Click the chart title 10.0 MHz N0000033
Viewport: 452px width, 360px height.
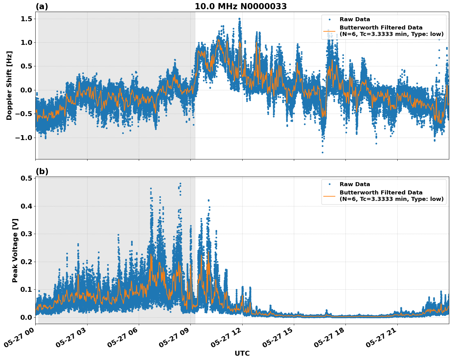[240, 6]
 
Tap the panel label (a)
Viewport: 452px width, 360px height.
[42, 6]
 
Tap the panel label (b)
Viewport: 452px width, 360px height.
[42, 171]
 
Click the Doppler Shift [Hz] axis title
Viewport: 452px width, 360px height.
[9, 85]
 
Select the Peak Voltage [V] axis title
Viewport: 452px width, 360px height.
[15, 250]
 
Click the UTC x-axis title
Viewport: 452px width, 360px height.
[242, 354]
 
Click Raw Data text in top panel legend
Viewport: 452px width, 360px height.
[355, 19]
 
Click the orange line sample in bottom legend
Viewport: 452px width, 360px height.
[329, 196]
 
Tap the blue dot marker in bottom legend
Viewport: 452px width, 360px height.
[329, 184]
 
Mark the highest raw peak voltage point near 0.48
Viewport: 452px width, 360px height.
[180, 184]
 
